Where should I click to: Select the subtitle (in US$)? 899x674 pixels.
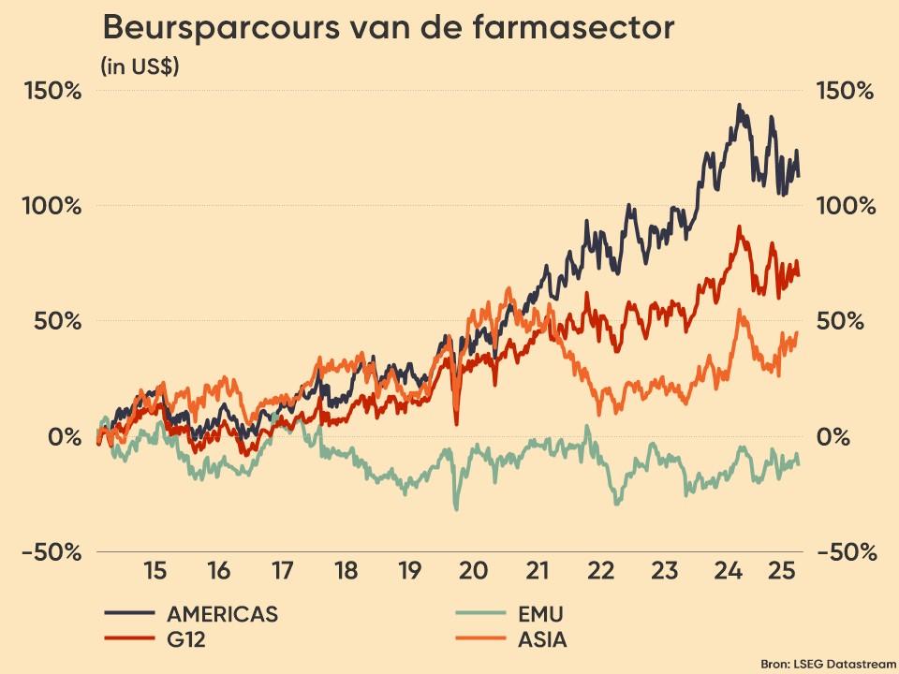click(140, 66)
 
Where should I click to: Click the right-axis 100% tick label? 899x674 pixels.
click(846, 206)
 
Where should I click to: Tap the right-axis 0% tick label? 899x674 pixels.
click(835, 436)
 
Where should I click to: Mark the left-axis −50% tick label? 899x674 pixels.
click(52, 552)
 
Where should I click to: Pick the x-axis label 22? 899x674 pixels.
click(600, 570)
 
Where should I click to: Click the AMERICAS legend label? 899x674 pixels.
click(222, 614)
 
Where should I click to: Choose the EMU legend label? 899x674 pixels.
click(541, 614)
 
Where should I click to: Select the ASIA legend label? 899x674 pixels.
click(542, 640)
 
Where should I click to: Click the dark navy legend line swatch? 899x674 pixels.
click(129, 614)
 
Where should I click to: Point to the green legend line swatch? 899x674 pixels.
click(480, 614)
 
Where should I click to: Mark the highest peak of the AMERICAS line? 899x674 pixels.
click(739, 105)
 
